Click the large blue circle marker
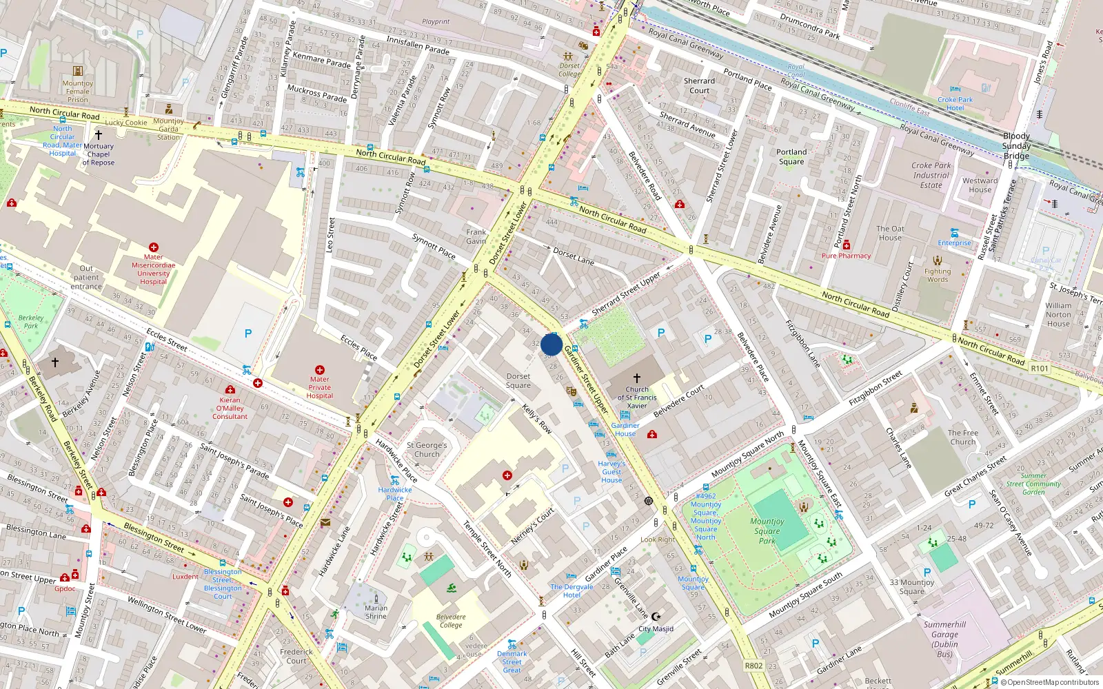tap(551, 344)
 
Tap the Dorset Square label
tap(518, 381)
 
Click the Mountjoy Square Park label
tap(767, 531)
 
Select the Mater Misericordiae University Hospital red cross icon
tap(154, 247)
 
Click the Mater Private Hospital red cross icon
tap(319, 370)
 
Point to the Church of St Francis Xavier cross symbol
tap(637, 378)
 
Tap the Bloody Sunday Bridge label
tap(1016, 146)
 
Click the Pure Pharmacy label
tap(846, 256)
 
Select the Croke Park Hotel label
tap(955, 104)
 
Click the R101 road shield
tap(1040, 369)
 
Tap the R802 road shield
tap(753, 666)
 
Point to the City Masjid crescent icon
tap(656, 617)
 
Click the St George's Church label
tap(427, 449)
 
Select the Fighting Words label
tap(938, 276)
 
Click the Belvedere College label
tap(451, 621)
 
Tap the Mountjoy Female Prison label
tap(78, 91)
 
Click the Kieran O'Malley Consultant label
tap(230, 408)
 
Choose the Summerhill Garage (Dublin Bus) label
tap(944, 639)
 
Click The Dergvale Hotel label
tap(571, 590)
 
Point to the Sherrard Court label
tap(699, 85)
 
